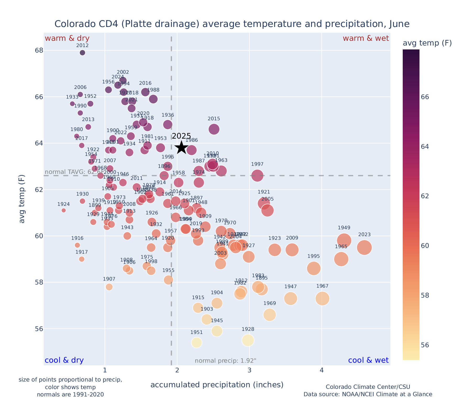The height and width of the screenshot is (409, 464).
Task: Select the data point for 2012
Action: point(82,53)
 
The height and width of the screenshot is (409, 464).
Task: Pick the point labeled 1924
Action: point(64,211)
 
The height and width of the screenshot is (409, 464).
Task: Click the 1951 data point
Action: point(197,343)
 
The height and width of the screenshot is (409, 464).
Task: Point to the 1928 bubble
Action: point(248,340)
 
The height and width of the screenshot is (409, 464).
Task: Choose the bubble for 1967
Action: point(322,298)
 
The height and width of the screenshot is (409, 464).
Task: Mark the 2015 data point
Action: point(214,129)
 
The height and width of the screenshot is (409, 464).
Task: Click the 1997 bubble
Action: point(257,175)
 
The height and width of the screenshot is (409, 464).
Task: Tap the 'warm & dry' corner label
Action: point(67,38)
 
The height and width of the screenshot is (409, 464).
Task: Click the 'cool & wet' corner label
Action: point(368,360)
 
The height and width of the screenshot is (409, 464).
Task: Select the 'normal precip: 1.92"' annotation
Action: point(225,361)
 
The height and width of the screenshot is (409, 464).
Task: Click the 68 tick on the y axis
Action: point(39,50)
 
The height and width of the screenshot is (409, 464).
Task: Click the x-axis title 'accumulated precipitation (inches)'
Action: point(217,385)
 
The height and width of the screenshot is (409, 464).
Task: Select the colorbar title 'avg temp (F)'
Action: point(427,43)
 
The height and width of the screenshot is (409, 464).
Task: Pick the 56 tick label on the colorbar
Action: point(425,345)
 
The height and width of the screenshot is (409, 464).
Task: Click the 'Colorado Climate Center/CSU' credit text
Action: point(368,387)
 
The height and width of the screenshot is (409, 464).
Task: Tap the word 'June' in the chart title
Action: point(399,24)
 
